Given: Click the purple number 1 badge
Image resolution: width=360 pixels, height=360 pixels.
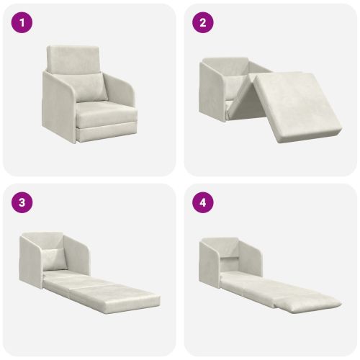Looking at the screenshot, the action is [x=22, y=22].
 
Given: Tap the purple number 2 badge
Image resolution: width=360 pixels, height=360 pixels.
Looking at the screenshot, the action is [x=203, y=22].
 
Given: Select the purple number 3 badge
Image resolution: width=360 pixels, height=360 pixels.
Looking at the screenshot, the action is [x=22, y=202].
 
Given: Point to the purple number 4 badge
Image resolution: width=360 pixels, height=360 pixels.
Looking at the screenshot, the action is [x=203, y=202].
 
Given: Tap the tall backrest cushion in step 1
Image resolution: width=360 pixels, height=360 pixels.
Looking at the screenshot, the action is [x=73, y=58].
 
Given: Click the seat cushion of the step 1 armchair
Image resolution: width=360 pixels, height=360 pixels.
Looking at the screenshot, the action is [x=106, y=114].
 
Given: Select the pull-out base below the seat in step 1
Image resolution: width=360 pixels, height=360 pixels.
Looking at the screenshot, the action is [x=107, y=133].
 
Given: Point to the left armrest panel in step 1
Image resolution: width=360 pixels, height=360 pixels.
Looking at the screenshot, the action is [x=58, y=106].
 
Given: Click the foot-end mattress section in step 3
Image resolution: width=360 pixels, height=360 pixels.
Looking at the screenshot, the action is [x=115, y=297].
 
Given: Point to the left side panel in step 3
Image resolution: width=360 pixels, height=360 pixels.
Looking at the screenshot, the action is [x=31, y=261].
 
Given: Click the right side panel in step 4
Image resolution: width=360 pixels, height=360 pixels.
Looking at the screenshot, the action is [x=250, y=258].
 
